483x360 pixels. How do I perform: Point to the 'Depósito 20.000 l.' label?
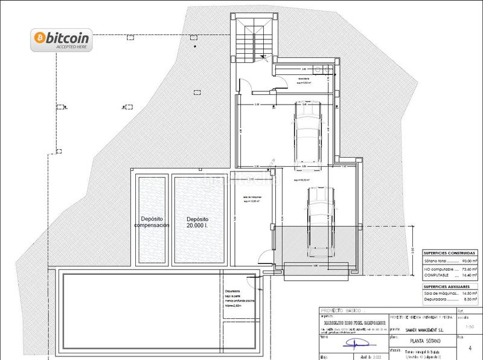(x=197, y=222)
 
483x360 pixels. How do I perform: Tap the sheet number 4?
(x=469, y=347)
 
